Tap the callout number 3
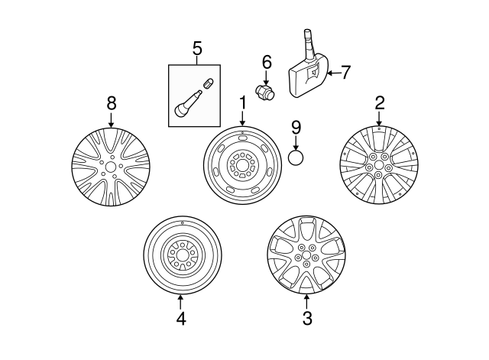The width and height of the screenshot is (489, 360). pos(307,319)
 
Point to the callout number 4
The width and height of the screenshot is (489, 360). pos(180,319)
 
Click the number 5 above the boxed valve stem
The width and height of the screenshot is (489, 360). pos(196,50)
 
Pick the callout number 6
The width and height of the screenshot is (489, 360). pos(267,61)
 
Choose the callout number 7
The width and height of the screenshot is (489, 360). pos(345,73)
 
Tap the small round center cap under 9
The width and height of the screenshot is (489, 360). pos(296,158)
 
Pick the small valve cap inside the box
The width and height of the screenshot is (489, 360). pos(207,83)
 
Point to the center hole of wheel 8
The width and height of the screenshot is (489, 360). pos(111,167)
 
